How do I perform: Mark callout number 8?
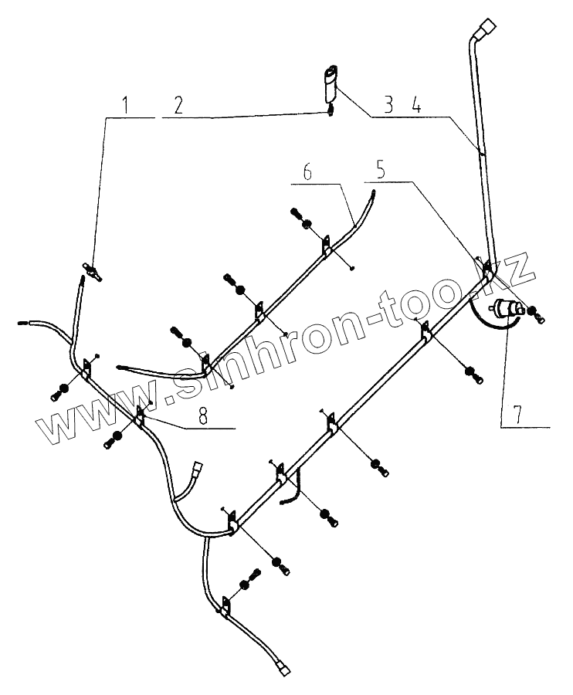coord(203,416)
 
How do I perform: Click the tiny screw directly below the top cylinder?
coord(331,110)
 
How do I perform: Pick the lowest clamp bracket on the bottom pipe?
coord(225,607)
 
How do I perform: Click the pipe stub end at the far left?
coord(22,324)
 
